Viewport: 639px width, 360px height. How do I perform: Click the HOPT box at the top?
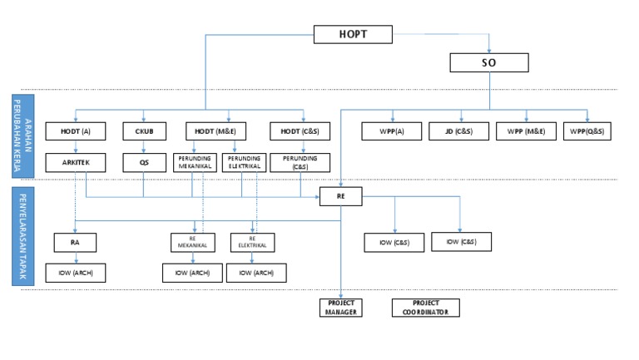pos(353,35)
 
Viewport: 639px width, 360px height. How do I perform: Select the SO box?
pos(488,62)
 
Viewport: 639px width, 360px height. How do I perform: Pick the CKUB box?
pos(144,131)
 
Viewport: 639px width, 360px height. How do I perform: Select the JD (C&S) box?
pos(457,131)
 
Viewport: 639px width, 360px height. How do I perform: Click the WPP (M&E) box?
pos(525,131)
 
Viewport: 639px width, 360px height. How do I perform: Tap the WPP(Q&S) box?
pos(587,131)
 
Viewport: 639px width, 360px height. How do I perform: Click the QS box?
pos(144,162)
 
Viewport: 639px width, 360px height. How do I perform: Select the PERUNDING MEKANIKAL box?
pos(194,162)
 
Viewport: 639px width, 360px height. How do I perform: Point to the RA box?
pos(74,242)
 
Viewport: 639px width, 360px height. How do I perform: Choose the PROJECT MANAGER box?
pos(341,307)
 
